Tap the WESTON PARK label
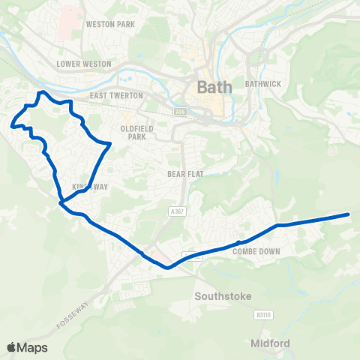click(x=110, y=24)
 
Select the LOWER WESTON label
click(x=84, y=64)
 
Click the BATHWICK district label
click(x=263, y=83)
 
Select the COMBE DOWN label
click(x=256, y=251)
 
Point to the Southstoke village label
click(x=220, y=295)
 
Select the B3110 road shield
click(x=262, y=316)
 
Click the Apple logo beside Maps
click(x=11, y=347)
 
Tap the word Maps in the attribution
click(x=32, y=347)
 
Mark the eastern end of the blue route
click(x=349, y=214)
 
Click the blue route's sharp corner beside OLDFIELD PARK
click(x=110, y=143)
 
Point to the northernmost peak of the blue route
click(x=43, y=92)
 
